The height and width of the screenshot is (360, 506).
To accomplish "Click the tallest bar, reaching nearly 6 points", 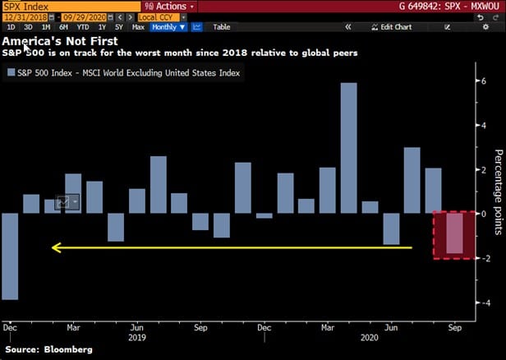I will [348, 148].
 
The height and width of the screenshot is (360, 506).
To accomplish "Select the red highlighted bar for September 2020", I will [454, 235].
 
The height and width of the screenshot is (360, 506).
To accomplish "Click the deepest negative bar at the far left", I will [10, 256].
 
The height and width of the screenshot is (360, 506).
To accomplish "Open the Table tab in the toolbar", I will [222, 27].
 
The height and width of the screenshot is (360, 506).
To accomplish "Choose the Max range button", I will [138, 27].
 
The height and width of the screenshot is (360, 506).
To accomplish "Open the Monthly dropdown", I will [168, 27].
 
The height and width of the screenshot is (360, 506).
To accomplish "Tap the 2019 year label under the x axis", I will [137, 337].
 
